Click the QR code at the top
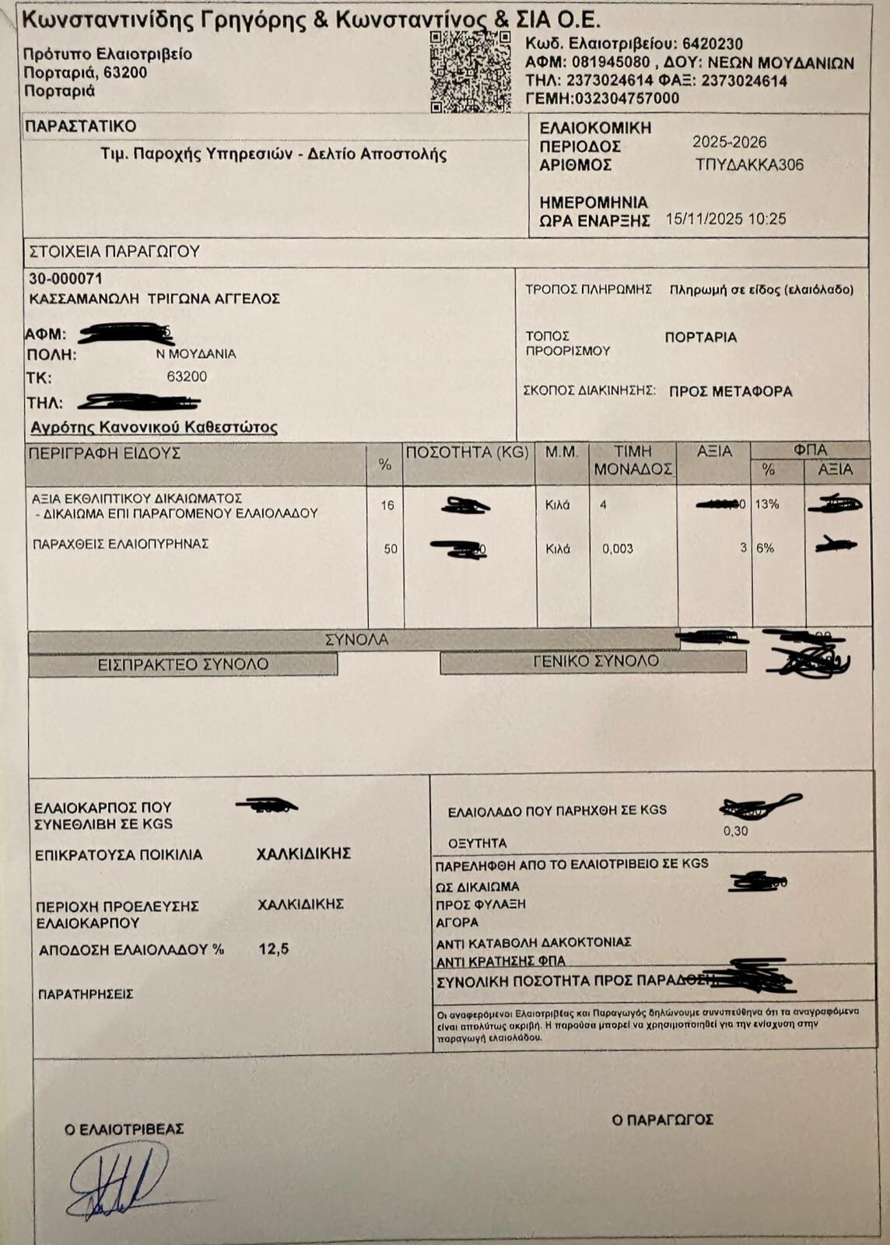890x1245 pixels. click(x=470, y=72)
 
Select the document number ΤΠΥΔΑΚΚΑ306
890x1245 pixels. click(x=749, y=165)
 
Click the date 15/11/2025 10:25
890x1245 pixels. click(x=726, y=219)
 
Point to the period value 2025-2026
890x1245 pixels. click(x=729, y=142)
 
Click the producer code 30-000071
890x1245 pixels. click(x=65, y=279)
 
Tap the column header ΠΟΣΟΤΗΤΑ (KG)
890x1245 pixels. click(x=468, y=453)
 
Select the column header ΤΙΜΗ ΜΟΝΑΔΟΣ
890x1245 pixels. click(x=632, y=461)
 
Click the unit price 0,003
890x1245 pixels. click(x=618, y=549)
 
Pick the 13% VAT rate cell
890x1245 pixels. click(x=767, y=504)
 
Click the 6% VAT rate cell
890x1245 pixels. click(x=766, y=548)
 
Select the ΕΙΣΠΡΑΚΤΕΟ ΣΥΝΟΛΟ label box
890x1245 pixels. click(x=183, y=665)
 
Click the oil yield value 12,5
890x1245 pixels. click(x=274, y=949)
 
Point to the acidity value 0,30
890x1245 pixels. click(x=735, y=831)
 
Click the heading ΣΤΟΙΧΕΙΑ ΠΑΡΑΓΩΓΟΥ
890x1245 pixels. click(x=114, y=251)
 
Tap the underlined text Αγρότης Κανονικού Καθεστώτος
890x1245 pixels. click(x=154, y=427)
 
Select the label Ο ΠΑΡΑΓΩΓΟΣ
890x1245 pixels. click(x=662, y=1120)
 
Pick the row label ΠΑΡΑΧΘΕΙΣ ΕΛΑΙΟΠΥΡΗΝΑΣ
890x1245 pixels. click(x=121, y=544)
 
